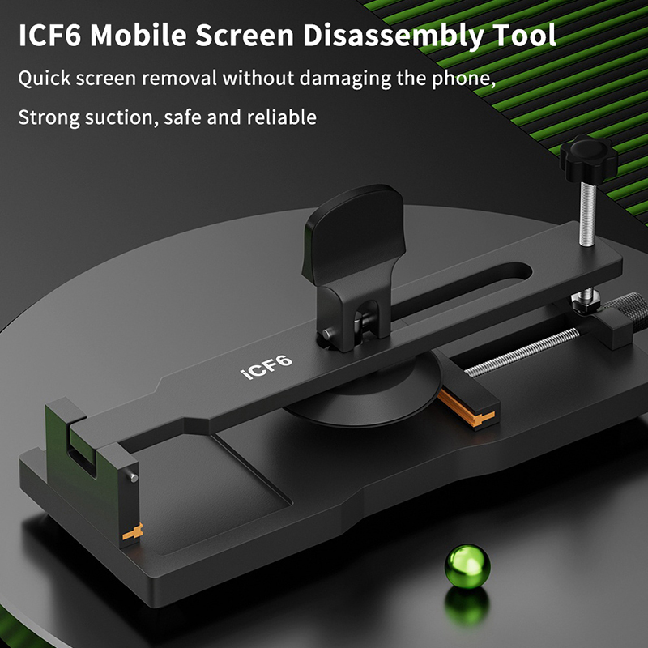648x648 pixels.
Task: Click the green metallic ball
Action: click(467, 566)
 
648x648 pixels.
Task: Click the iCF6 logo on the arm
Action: click(266, 366)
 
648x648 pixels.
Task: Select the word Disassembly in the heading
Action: click(393, 35)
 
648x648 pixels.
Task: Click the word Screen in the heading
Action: click(245, 36)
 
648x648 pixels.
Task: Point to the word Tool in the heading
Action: click(523, 35)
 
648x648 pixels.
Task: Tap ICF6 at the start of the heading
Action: click(49, 36)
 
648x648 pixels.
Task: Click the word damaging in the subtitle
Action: click(345, 78)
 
